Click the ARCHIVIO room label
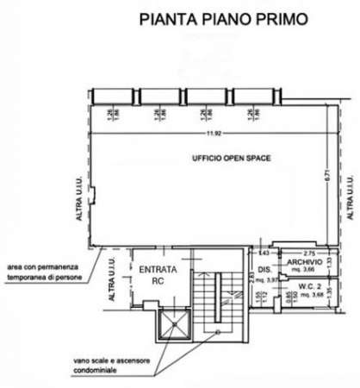pos(304,261)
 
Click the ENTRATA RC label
pos(158,274)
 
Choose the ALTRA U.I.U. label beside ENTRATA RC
pos(112,281)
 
